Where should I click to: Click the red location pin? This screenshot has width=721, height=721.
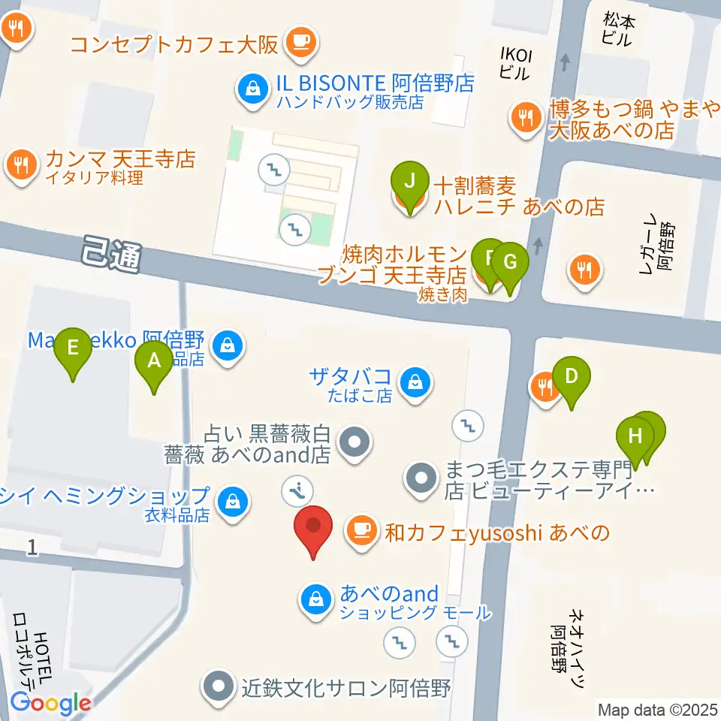(315, 529)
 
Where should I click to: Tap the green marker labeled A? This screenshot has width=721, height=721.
(154, 364)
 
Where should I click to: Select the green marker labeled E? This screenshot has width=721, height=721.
(73, 350)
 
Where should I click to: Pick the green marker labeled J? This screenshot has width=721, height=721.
(409, 184)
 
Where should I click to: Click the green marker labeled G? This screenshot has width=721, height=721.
(510, 265)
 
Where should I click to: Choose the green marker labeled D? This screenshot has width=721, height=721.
(571, 378)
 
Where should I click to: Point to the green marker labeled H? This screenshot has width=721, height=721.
(635, 438)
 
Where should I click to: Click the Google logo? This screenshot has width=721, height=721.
(50, 703)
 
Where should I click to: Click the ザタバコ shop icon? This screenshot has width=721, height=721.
(415, 382)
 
